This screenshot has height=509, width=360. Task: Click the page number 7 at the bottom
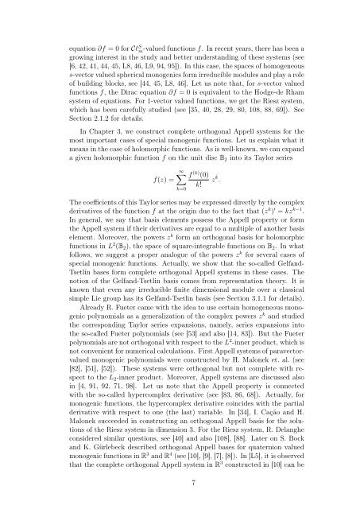click(180, 482)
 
